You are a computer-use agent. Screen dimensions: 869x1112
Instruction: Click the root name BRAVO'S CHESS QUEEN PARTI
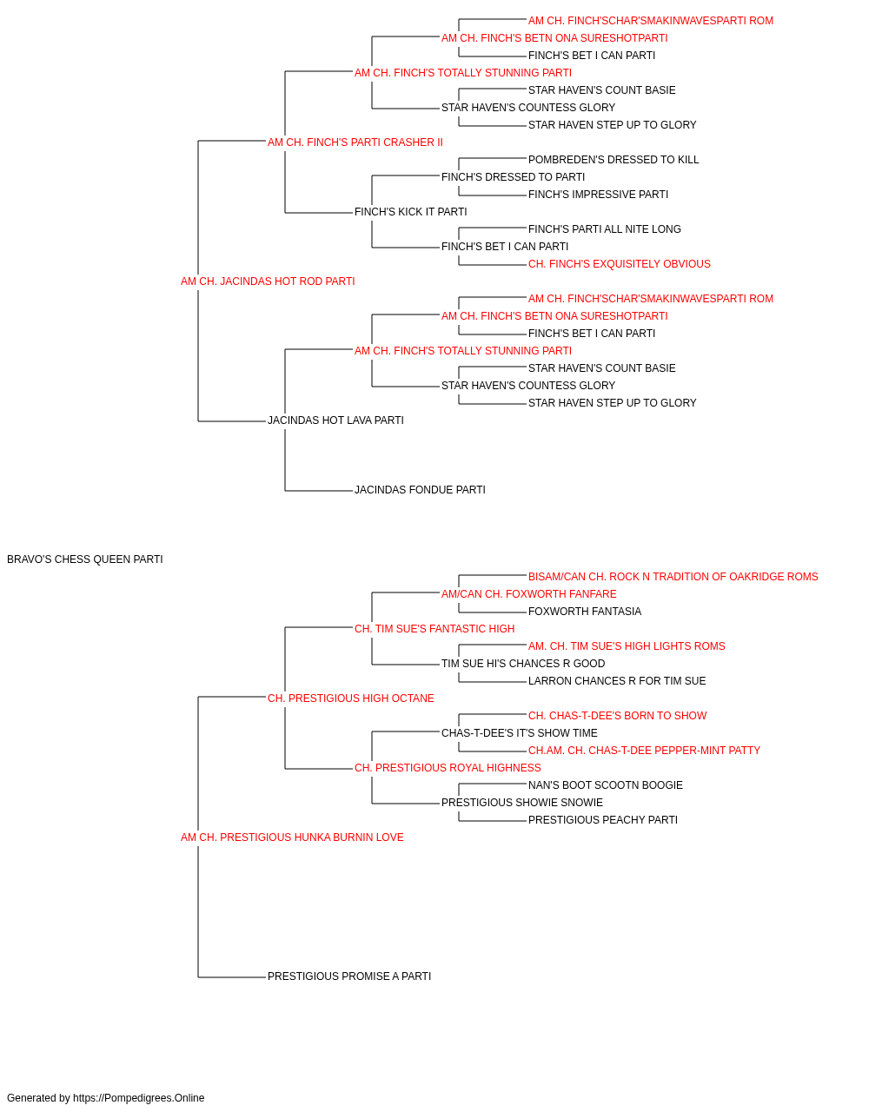coord(85,559)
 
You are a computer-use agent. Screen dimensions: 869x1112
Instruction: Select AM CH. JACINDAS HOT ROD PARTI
coord(268,281)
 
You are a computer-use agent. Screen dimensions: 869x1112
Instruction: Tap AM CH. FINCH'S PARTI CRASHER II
coord(355,142)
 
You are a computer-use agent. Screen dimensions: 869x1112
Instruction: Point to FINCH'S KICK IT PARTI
coord(410,212)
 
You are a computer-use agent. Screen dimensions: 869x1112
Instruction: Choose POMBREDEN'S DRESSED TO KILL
coord(614,160)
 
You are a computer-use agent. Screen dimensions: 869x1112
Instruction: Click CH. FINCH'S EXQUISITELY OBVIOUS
coord(620,264)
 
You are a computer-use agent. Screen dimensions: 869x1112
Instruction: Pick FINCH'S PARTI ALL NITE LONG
coord(605,229)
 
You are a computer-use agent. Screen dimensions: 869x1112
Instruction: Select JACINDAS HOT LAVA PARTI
coord(335,420)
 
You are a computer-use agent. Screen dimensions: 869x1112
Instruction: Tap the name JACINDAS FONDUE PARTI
coord(421,490)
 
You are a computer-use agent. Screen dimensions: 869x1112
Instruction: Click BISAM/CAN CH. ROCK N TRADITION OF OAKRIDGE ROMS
coord(673,577)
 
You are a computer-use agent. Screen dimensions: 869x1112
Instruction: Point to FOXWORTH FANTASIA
coord(585,612)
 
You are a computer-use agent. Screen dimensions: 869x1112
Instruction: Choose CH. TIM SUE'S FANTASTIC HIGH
coord(434,629)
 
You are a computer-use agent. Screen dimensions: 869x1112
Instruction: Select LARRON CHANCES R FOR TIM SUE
coord(617,681)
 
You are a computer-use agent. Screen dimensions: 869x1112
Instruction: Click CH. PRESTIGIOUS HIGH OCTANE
coord(350,698)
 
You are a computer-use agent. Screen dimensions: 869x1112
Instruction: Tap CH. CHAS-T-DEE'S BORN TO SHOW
coord(617,716)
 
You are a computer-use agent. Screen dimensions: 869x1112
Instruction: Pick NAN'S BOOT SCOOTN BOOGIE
coord(606,785)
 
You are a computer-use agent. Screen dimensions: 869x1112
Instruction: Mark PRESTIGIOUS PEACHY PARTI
coord(603,820)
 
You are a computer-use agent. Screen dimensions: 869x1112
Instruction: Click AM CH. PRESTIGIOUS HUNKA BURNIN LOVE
coord(292,837)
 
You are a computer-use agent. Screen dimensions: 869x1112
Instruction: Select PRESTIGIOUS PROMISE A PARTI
coord(349,976)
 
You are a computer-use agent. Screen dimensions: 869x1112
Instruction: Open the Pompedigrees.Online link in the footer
coord(139,1098)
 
